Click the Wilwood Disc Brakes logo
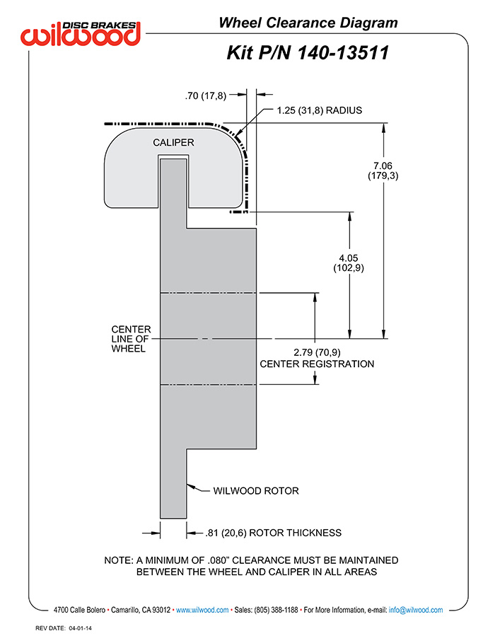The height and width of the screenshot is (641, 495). tap(81, 33)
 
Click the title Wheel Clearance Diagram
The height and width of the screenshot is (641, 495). tap(308, 23)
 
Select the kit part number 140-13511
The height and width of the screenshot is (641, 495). tap(342, 53)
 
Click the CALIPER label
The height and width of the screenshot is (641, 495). tap(173, 142)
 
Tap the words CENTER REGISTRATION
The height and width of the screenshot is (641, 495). tap(317, 364)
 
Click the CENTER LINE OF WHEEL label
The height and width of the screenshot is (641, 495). tap(131, 339)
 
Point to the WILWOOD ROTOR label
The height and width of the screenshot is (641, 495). tap(256, 490)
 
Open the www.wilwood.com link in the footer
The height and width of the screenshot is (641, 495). tap(202, 610)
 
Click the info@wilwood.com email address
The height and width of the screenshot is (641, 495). tap(416, 610)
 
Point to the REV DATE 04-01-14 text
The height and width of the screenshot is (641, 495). tap(64, 628)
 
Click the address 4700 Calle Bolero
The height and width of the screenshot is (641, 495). tap(79, 610)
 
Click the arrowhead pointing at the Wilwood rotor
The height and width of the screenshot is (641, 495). tap(190, 487)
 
